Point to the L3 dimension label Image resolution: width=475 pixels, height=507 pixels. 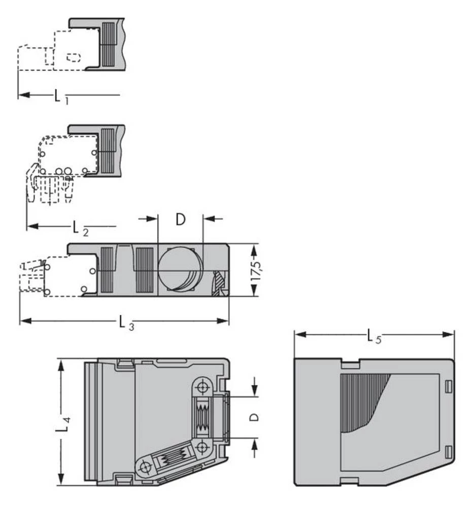126,322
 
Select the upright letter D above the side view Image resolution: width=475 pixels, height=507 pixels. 180,220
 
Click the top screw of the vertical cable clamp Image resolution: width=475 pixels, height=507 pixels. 203,388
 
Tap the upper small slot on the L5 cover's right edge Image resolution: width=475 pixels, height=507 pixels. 447,387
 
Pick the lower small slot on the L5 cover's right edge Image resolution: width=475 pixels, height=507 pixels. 447,450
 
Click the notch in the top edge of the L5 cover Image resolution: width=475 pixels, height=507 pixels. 350,363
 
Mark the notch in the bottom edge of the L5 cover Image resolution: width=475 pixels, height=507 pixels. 350,481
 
